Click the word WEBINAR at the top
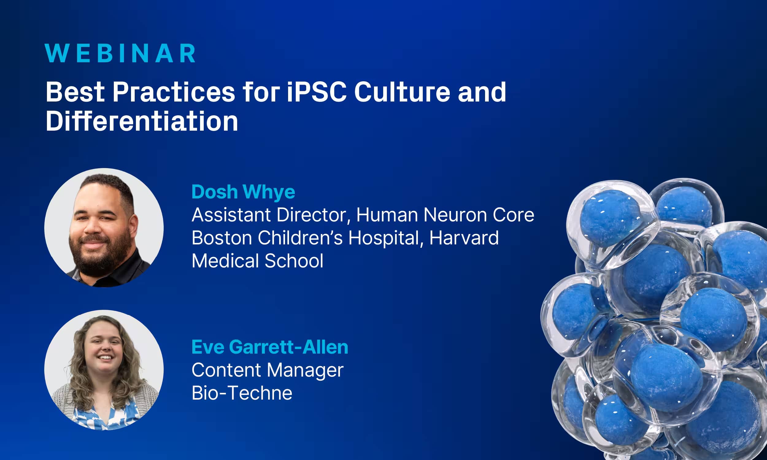120,53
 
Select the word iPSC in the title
317,92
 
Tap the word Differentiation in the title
142,121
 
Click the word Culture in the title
402,92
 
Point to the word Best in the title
75,92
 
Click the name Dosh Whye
243,192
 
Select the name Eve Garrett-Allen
270,347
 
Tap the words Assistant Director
270,215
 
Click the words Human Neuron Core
445,215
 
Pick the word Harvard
464,238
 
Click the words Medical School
257,261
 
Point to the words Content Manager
267,370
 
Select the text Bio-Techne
242,393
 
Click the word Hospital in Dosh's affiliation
384,238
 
